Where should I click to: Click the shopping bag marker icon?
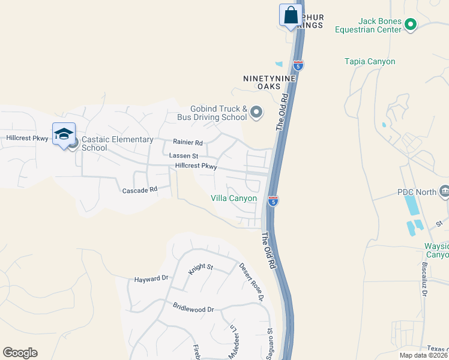pos(290,15)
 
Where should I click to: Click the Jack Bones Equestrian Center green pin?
pos(411,25)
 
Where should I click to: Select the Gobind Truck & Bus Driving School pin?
pos(256,112)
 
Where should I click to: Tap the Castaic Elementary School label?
pos(117,143)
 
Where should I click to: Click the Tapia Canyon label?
pos(370,61)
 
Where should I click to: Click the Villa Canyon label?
pos(234,198)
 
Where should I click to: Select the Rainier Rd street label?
pos(187,143)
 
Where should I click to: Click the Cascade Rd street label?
pos(139,190)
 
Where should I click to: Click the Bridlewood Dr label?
pos(193,310)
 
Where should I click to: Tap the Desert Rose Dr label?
pos(252,281)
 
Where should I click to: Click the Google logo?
pos(20,353)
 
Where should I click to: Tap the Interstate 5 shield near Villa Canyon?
pos(273,200)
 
